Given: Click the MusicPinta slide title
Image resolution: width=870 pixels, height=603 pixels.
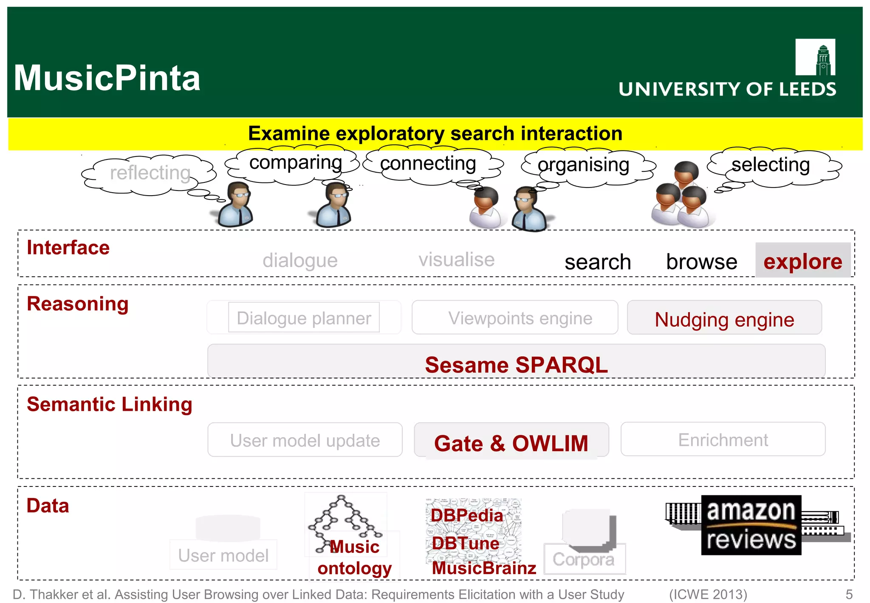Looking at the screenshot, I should pyautogui.click(x=107, y=78).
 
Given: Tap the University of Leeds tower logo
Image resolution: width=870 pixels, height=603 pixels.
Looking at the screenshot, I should pyautogui.click(x=815, y=57).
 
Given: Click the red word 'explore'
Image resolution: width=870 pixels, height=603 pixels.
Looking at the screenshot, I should pyautogui.click(x=802, y=261).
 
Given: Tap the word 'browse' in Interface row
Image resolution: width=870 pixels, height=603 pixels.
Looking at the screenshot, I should pyautogui.click(x=701, y=262).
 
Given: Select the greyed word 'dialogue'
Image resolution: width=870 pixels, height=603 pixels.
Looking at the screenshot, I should pyautogui.click(x=300, y=260).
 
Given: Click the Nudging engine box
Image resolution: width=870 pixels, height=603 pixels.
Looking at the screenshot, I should pyautogui.click(x=724, y=319).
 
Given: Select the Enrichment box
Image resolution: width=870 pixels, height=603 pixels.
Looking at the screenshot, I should pyautogui.click(x=723, y=440).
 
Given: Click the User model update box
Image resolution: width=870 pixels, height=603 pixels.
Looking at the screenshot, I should pyautogui.click(x=305, y=440).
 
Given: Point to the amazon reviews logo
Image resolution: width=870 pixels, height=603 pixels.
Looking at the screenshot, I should pyautogui.click(x=751, y=525).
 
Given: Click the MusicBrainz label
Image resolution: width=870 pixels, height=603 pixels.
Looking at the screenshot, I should pyautogui.click(x=484, y=568).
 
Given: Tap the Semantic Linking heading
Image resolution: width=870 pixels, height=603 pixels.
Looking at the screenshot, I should pyautogui.click(x=110, y=404).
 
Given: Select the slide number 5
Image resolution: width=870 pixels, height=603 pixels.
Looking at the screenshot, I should pyautogui.click(x=849, y=594).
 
